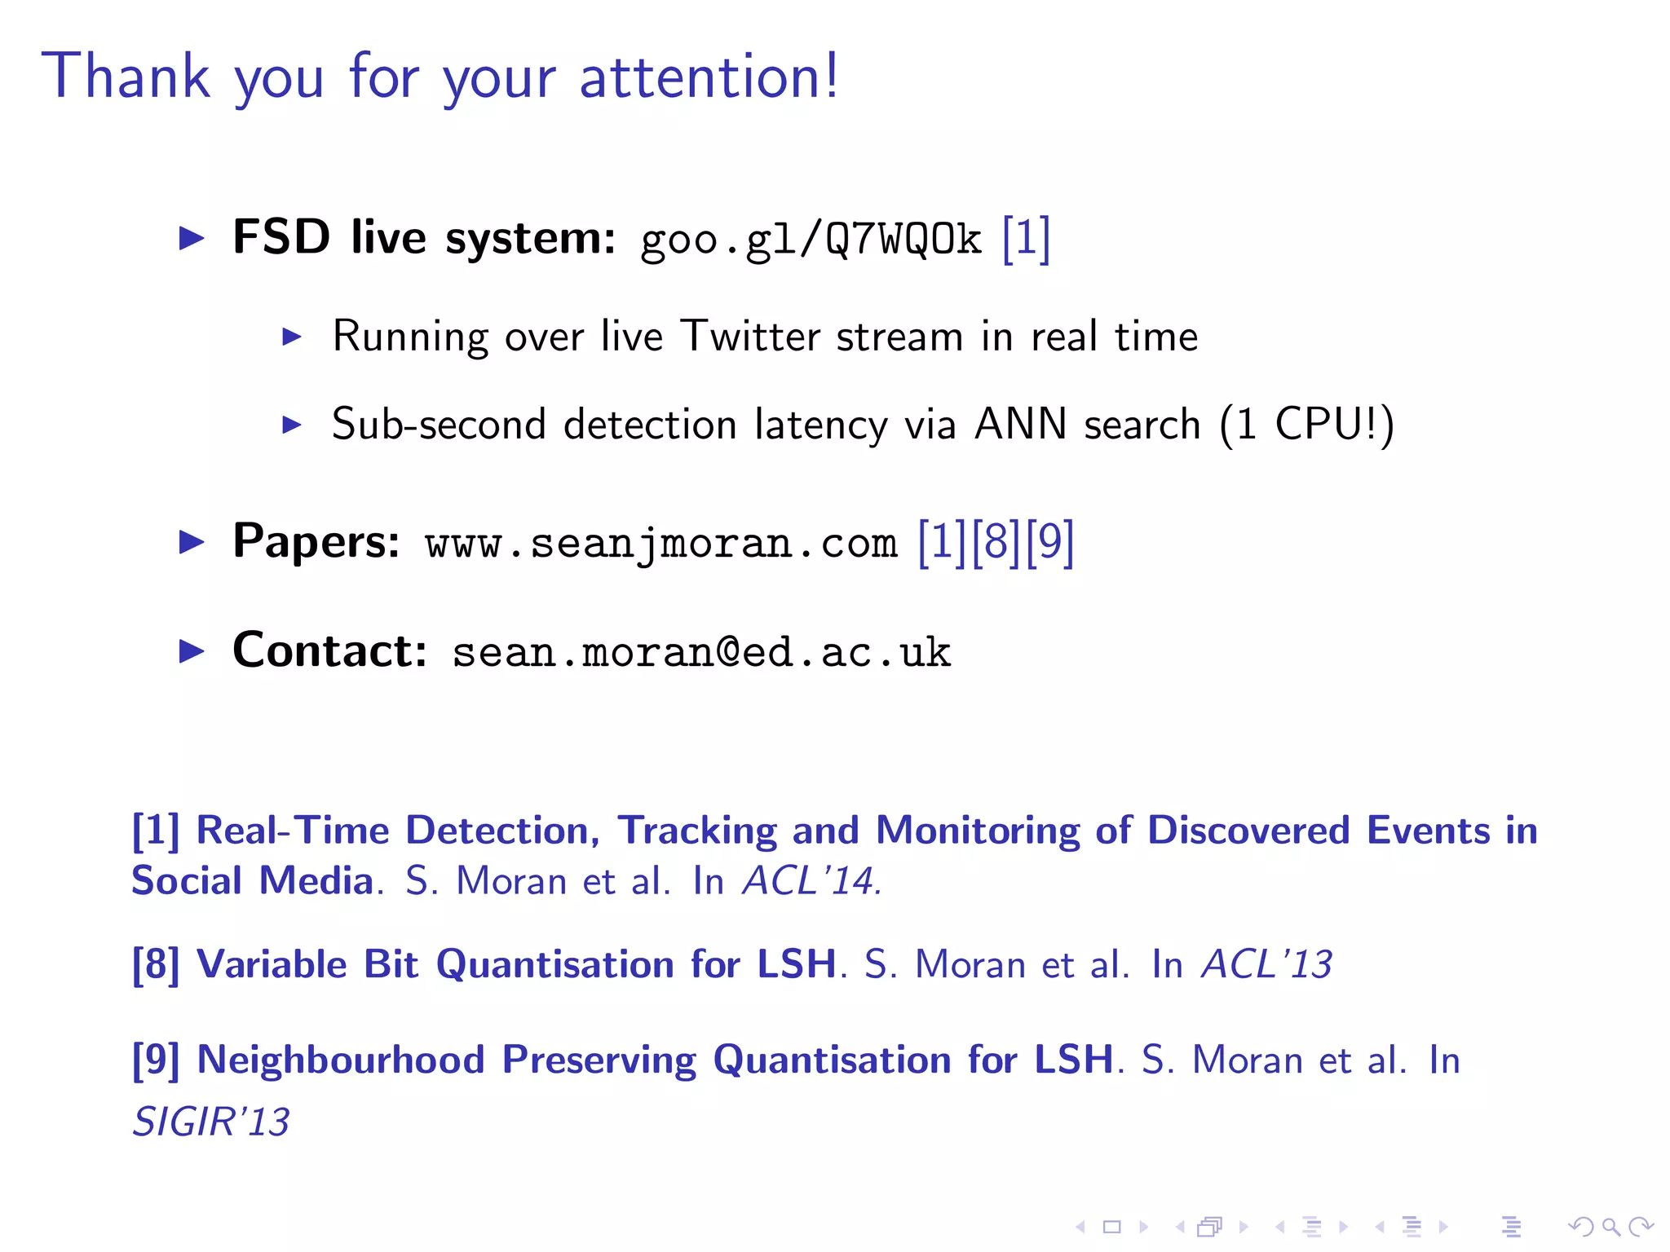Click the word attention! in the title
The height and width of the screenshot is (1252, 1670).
[x=708, y=76]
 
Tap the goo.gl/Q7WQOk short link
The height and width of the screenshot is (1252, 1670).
[x=811, y=240]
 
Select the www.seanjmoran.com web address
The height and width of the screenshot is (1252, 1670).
[x=660, y=543]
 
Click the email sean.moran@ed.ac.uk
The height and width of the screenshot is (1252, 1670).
[x=701, y=652]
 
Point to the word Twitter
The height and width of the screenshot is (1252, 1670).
[x=751, y=336]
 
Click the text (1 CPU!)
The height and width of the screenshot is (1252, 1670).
[x=1306, y=424]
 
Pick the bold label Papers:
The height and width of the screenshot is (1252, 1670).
[x=316, y=541]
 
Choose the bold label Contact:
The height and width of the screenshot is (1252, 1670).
[x=329, y=650]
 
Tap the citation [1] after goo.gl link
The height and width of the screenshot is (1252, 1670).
[x=1026, y=239]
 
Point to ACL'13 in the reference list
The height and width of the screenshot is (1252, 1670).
[x=1266, y=964]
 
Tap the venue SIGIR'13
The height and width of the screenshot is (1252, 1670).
[x=211, y=1122]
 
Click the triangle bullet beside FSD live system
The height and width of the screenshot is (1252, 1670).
[x=192, y=239]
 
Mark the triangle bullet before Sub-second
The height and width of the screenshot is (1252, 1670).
[x=291, y=424]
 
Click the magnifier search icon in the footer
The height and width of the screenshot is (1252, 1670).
[x=1610, y=1226]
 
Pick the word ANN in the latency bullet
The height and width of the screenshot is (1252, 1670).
[x=1020, y=424]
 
